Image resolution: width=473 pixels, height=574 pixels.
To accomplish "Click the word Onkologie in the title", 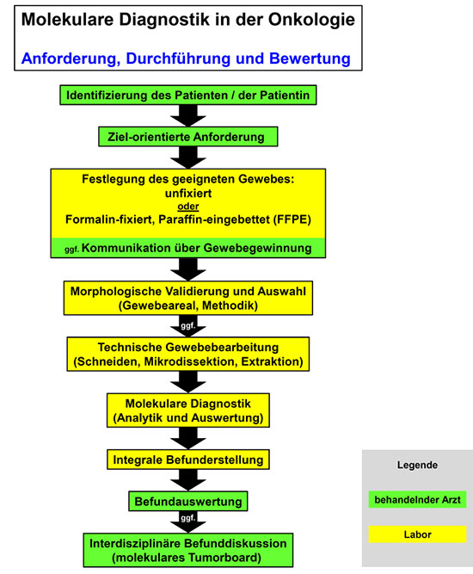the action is pyautogui.click(x=311, y=20).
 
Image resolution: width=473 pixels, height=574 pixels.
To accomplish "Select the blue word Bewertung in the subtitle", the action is pyautogui.click(x=310, y=59).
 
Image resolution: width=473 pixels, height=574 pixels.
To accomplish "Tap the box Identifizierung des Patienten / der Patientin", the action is pyautogui.click(x=188, y=96).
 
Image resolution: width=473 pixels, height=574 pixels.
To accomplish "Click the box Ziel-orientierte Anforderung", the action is pyautogui.click(x=188, y=137).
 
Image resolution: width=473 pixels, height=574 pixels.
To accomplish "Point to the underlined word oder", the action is pyautogui.click(x=188, y=207).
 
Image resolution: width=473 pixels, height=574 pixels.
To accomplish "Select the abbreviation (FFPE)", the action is pyautogui.click(x=292, y=219).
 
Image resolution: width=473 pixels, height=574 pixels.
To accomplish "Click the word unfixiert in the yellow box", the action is pyautogui.click(x=188, y=194).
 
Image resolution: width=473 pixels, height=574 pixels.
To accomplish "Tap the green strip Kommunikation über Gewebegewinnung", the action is pyautogui.click(x=188, y=248).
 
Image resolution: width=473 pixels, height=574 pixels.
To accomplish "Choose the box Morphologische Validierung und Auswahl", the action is pyautogui.click(x=188, y=298).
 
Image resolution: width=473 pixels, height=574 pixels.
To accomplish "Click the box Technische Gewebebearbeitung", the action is pyautogui.click(x=188, y=355).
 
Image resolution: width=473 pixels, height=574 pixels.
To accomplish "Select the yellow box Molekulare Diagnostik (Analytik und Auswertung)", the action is pyautogui.click(x=188, y=410).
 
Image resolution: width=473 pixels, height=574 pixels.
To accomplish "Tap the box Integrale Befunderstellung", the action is pyautogui.click(x=188, y=460).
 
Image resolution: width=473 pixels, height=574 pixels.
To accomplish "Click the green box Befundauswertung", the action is pyautogui.click(x=188, y=502).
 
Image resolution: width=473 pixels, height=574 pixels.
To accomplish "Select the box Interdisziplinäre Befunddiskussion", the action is pyautogui.click(x=188, y=550).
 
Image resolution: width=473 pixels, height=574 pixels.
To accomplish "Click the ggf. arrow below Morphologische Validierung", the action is pyautogui.click(x=188, y=326).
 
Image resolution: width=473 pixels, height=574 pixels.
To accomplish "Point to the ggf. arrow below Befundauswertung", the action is pyautogui.click(x=188, y=522).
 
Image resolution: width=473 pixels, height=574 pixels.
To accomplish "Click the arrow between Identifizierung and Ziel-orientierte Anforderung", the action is pyautogui.click(x=188, y=116).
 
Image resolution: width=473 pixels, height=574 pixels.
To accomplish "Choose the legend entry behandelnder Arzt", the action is pyautogui.click(x=417, y=500).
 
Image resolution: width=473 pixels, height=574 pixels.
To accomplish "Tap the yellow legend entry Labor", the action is pyautogui.click(x=417, y=534).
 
